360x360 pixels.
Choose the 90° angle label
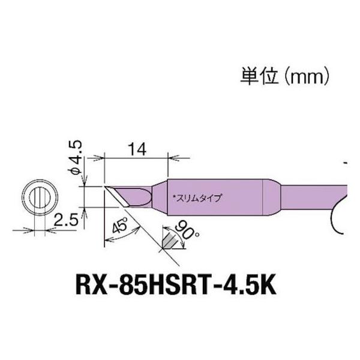click(178, 227)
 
